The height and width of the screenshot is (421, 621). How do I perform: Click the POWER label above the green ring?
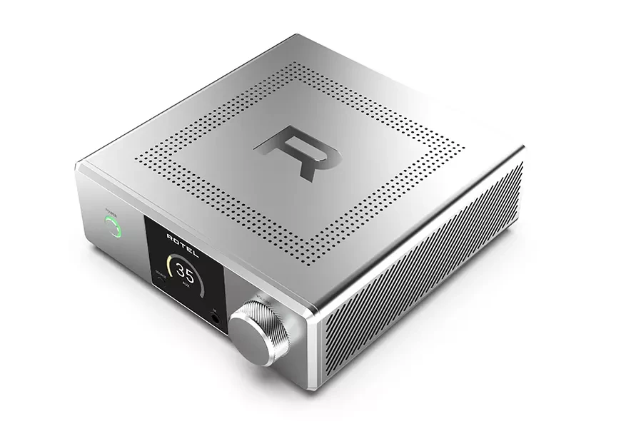click(110, 210)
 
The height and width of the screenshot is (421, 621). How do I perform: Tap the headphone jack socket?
click(214, 319)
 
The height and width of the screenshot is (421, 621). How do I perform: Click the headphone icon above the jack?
click(215, 310)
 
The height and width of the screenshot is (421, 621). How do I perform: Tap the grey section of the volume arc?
click(202, 284)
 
